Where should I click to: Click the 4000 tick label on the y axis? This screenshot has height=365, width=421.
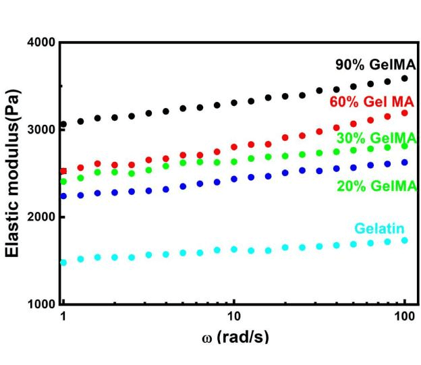click(x=41, y=43)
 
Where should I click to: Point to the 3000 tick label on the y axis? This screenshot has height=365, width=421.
click(x=41, y=130)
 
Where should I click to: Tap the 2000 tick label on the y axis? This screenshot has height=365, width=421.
click(x=41, y=217)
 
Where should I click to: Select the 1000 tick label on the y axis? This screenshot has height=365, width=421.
click(x=41, y=304)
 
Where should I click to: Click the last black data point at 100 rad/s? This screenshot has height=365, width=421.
click(x=405, y=78)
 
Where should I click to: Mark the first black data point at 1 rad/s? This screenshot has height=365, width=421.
click(x=63, y=125)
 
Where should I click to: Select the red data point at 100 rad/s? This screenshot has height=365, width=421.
click(x=405, y=113)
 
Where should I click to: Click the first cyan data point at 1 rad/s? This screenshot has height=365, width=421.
click(x=63, y=262)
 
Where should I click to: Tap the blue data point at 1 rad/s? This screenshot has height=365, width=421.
click(x=63, y=196)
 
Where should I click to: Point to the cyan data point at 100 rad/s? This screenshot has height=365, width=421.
click(x=405, y=240)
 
